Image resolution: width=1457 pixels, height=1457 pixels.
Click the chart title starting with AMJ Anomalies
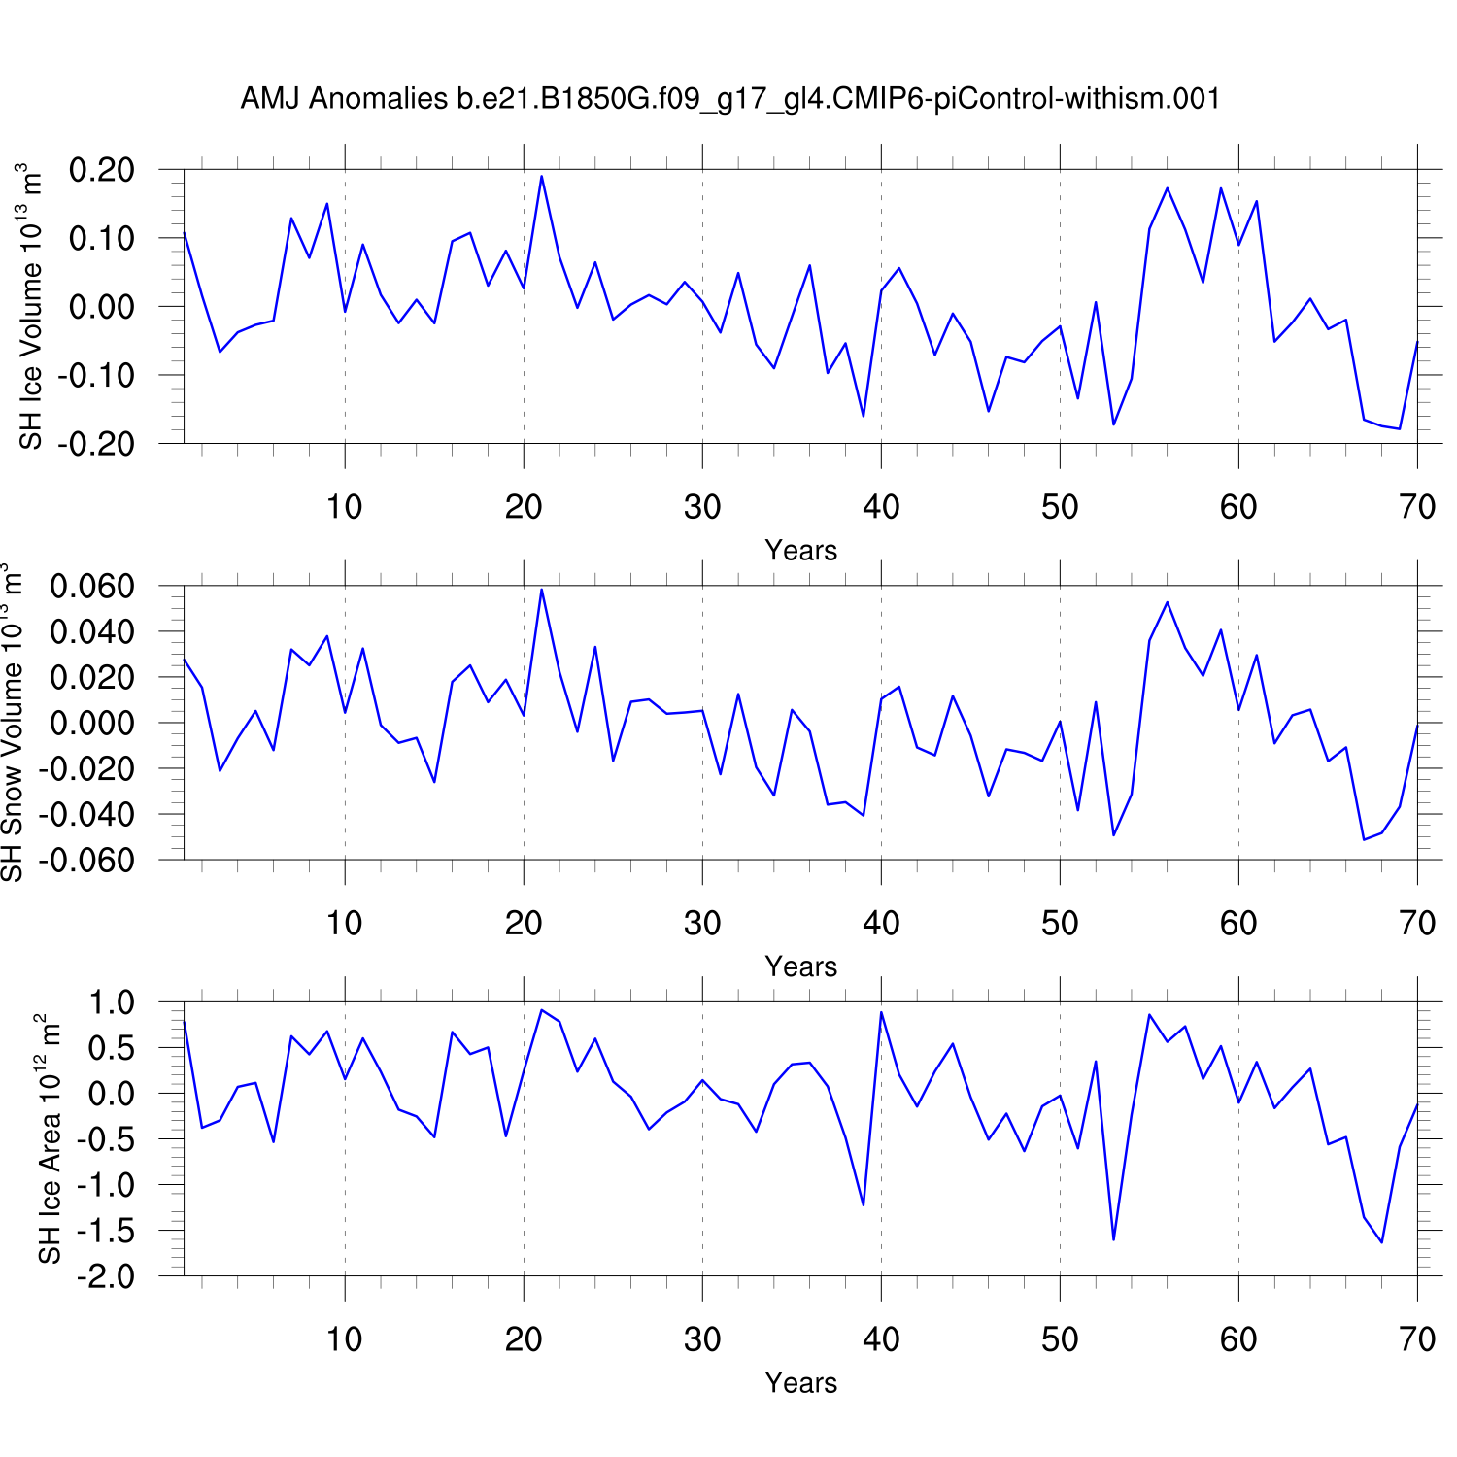point(729,99)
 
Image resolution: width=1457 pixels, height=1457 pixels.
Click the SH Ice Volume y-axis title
point(32,307)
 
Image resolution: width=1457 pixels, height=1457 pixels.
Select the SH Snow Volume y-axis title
point(12,723)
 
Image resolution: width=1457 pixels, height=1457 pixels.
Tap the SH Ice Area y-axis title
point(50,1138)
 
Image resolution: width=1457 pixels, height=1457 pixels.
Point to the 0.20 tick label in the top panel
point(101,170)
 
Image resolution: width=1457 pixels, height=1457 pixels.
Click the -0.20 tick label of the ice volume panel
point(96,443)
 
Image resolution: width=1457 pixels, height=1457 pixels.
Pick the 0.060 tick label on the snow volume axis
point(91,586)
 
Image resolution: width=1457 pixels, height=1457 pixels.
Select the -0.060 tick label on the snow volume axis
point(86,860)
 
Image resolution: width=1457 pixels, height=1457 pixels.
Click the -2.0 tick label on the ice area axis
point(106,1275)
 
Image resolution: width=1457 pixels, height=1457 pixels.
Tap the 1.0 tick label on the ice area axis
point(112,1002)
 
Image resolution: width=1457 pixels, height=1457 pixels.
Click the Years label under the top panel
point(800,551)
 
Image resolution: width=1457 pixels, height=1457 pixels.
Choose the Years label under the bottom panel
point(800,1383)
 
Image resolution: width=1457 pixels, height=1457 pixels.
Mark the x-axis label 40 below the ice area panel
point(881,1339)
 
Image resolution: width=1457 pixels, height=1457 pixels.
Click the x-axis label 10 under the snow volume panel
point(345,923)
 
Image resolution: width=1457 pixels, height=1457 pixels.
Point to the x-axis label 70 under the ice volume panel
point(1417,506)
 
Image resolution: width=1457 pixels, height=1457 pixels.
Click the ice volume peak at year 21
point(542,177)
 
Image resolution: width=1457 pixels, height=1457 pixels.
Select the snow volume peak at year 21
point(542,590)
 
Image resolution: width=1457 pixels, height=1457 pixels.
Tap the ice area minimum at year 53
point(1114,1239)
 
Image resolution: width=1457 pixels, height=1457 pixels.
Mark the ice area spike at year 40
point(881,1012)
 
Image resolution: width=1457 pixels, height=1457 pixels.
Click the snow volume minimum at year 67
point(1364,839)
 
